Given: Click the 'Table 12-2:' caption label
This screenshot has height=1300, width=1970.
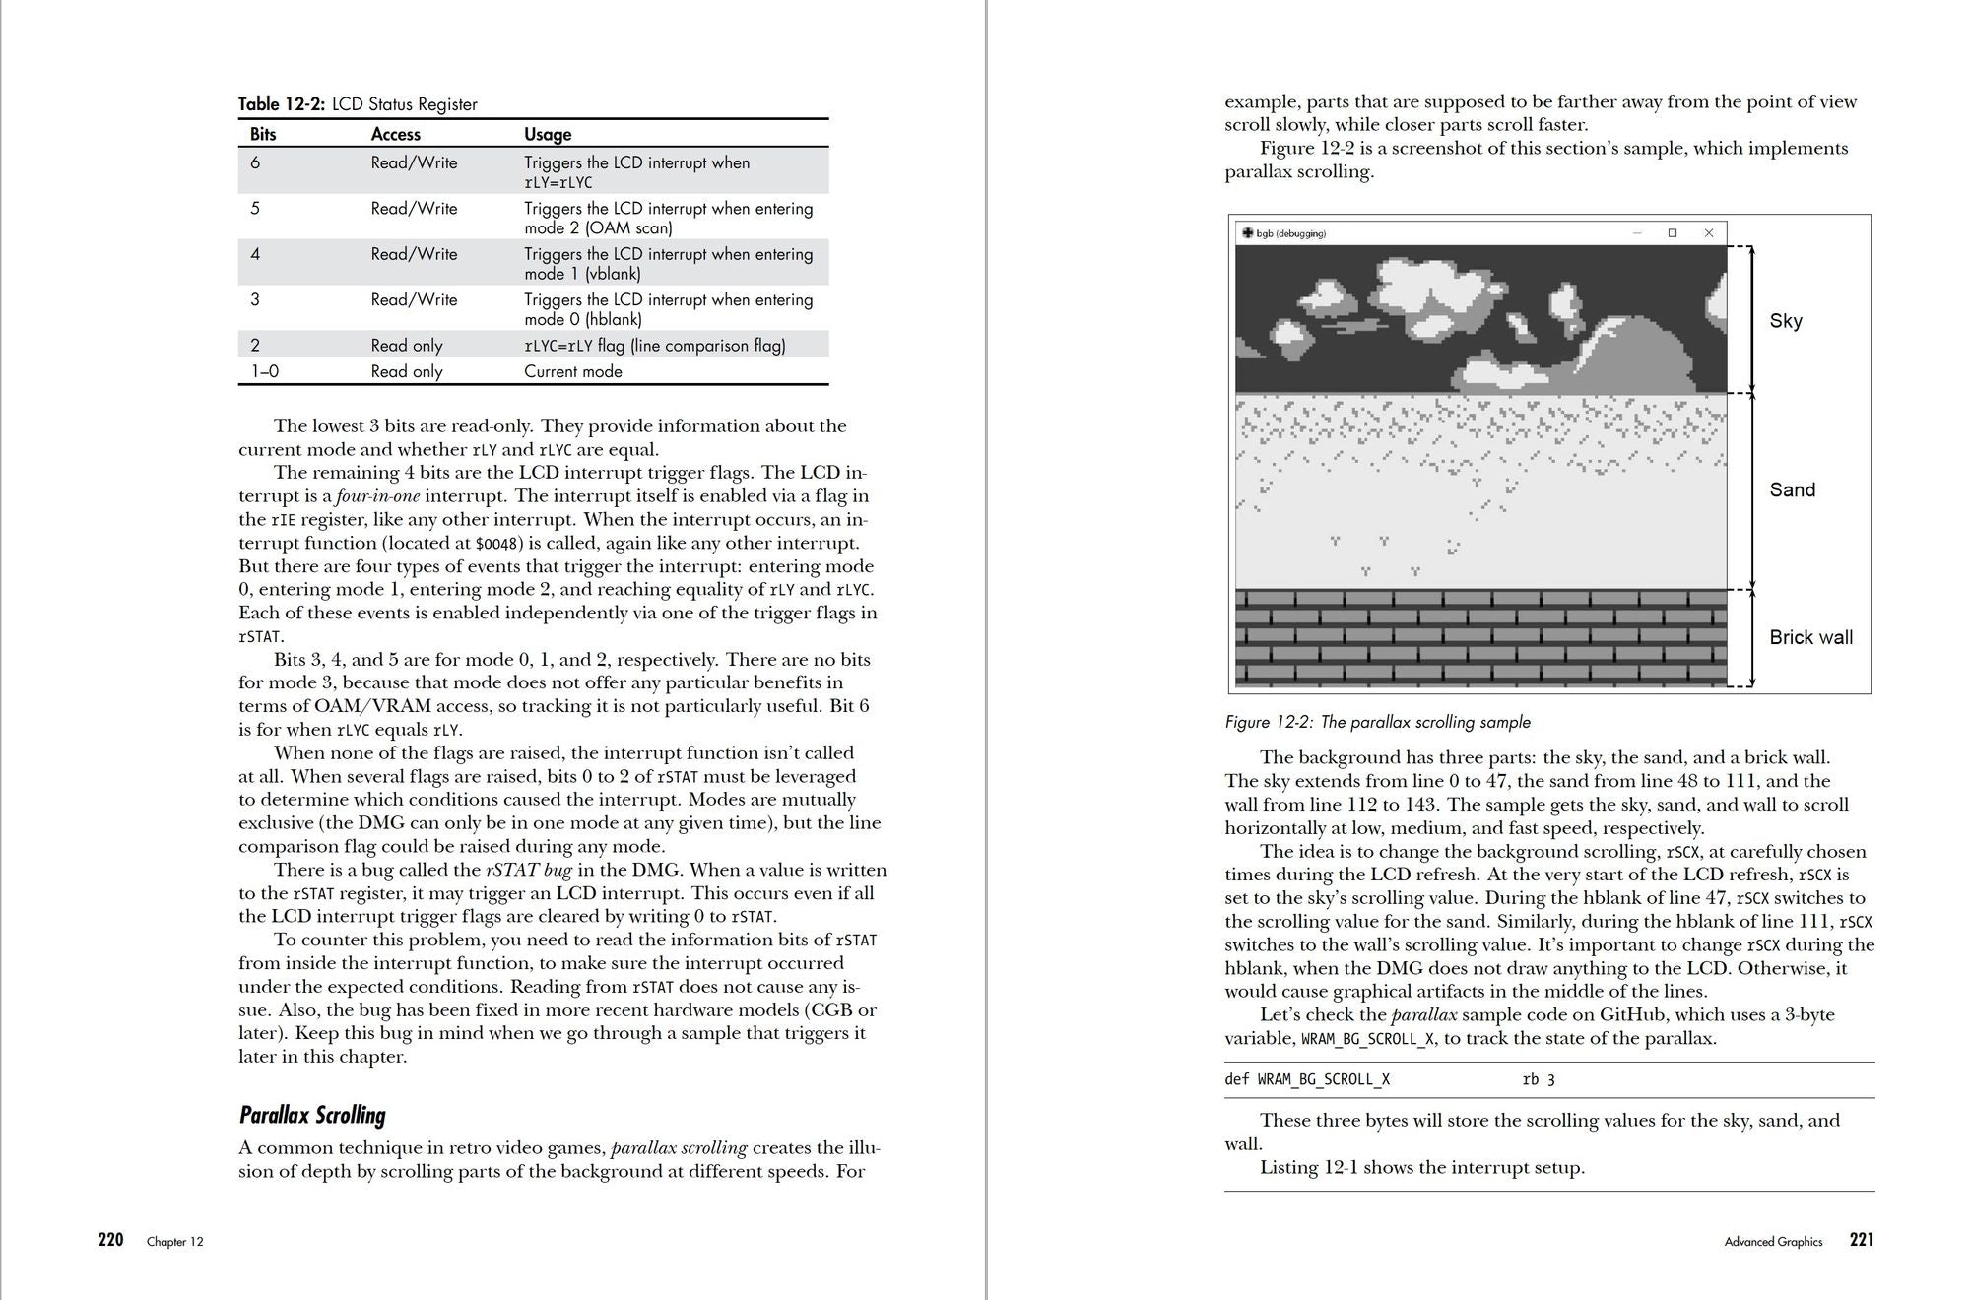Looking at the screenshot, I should pos(282,104).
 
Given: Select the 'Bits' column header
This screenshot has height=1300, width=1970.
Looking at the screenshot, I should pos(263,134).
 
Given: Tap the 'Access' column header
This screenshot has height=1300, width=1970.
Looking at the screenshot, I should pos(395,134).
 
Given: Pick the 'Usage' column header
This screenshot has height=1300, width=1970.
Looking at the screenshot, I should pos(548,134).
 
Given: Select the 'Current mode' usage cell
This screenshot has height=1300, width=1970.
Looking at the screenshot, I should pos(573,371).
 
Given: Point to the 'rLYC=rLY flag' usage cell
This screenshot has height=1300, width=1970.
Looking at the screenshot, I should pos(654,346).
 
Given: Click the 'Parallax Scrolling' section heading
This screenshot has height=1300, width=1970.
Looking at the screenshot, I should pos(312,1115).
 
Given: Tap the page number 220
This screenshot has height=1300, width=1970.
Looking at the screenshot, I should pos(110,1240).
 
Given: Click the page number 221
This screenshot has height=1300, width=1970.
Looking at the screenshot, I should pos(1862,1240).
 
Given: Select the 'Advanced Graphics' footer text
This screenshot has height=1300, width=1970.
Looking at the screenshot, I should pos(1773,1242).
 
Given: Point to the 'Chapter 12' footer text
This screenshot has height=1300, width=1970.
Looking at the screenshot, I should pos(175,1242).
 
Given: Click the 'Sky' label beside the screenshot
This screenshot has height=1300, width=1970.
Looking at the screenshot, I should pos(1786,321).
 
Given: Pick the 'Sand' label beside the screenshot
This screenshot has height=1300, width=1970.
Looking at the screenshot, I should pos(1792,490).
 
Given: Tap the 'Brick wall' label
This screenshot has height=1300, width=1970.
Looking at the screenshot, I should pos(1810,637).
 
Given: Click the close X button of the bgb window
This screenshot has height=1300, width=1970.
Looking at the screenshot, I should pos(1709,233).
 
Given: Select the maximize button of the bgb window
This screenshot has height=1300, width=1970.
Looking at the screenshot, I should pos(1673,233).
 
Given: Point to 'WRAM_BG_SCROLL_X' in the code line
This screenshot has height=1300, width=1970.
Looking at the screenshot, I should pos(1324,1079).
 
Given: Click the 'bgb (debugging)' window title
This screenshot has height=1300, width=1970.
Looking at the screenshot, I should pos(1290,233).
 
